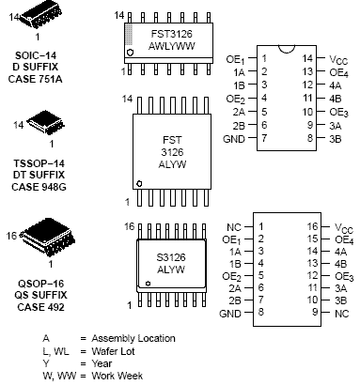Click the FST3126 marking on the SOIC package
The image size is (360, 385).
click(x=171, y=34)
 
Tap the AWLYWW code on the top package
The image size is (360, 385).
click(x=171, y=46)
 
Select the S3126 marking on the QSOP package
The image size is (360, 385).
click(x=171, y=257)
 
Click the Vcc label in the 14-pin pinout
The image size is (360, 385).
click(x=338, y=59)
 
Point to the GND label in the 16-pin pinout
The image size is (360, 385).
click(x=230, y=314)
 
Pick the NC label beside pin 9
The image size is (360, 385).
click(x=341, y=314)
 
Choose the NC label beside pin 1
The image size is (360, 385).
click(x=234, y=227)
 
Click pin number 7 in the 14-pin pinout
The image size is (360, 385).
click(x=264, y=138)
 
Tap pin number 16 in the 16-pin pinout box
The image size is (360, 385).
click(x=312, y=226)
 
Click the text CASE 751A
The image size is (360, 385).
click(x=35, y=79)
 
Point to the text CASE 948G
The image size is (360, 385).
click(x=39, y=187)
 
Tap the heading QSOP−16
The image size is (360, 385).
click(x=40, y=284)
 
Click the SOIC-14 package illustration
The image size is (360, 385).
click(x=40, y=15)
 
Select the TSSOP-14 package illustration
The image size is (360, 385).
click(x=46, y=122)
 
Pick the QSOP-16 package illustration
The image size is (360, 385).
click(x=48, y=237)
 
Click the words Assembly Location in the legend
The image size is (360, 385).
click(x=133, y=338)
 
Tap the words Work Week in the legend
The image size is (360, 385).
click(x=117, y=376)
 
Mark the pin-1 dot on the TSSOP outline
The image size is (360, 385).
click(x=139, y=184)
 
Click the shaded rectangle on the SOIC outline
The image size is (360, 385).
click(x=129, y=35)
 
